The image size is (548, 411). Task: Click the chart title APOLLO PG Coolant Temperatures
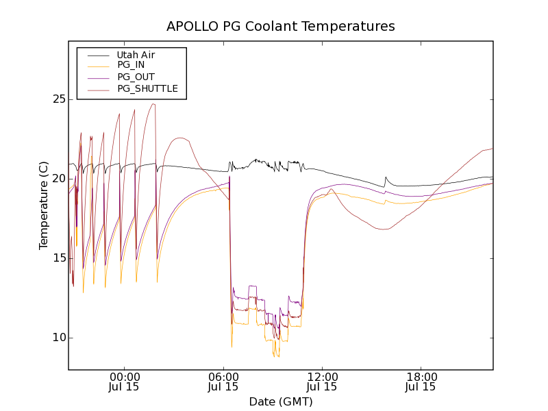(x=281, y=27)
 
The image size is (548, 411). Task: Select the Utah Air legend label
(x=136, y=55)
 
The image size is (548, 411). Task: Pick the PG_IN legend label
(x=131, y=65)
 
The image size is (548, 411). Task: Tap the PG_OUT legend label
(x=136, y=77)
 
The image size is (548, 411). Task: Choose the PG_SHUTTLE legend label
(x=147, y=88)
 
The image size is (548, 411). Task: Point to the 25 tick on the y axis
(x=57, y=99)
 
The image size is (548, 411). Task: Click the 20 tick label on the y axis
(x=57, y=179)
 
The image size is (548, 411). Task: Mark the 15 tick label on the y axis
(x=57, y=258)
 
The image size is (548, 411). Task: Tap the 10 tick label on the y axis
(x=57, y=338)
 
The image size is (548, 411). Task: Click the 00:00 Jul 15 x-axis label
(x=125, y=382)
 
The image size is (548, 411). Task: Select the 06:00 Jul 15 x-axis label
(x=223, y=382)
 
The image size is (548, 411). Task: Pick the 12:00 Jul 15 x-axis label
(x=322, y=382)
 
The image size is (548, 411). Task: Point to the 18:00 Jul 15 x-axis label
(x=421, y=382)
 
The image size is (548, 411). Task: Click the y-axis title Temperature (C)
(x=44, y=206)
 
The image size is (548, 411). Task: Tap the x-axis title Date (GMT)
(x=281, y=401)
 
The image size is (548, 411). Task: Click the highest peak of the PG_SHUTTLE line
(x=154, y=104)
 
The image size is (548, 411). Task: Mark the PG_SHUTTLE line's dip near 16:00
(x=385, y=229)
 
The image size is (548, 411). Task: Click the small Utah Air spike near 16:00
(x=386, y=177)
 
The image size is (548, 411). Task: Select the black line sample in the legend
(x=99, y=55)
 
